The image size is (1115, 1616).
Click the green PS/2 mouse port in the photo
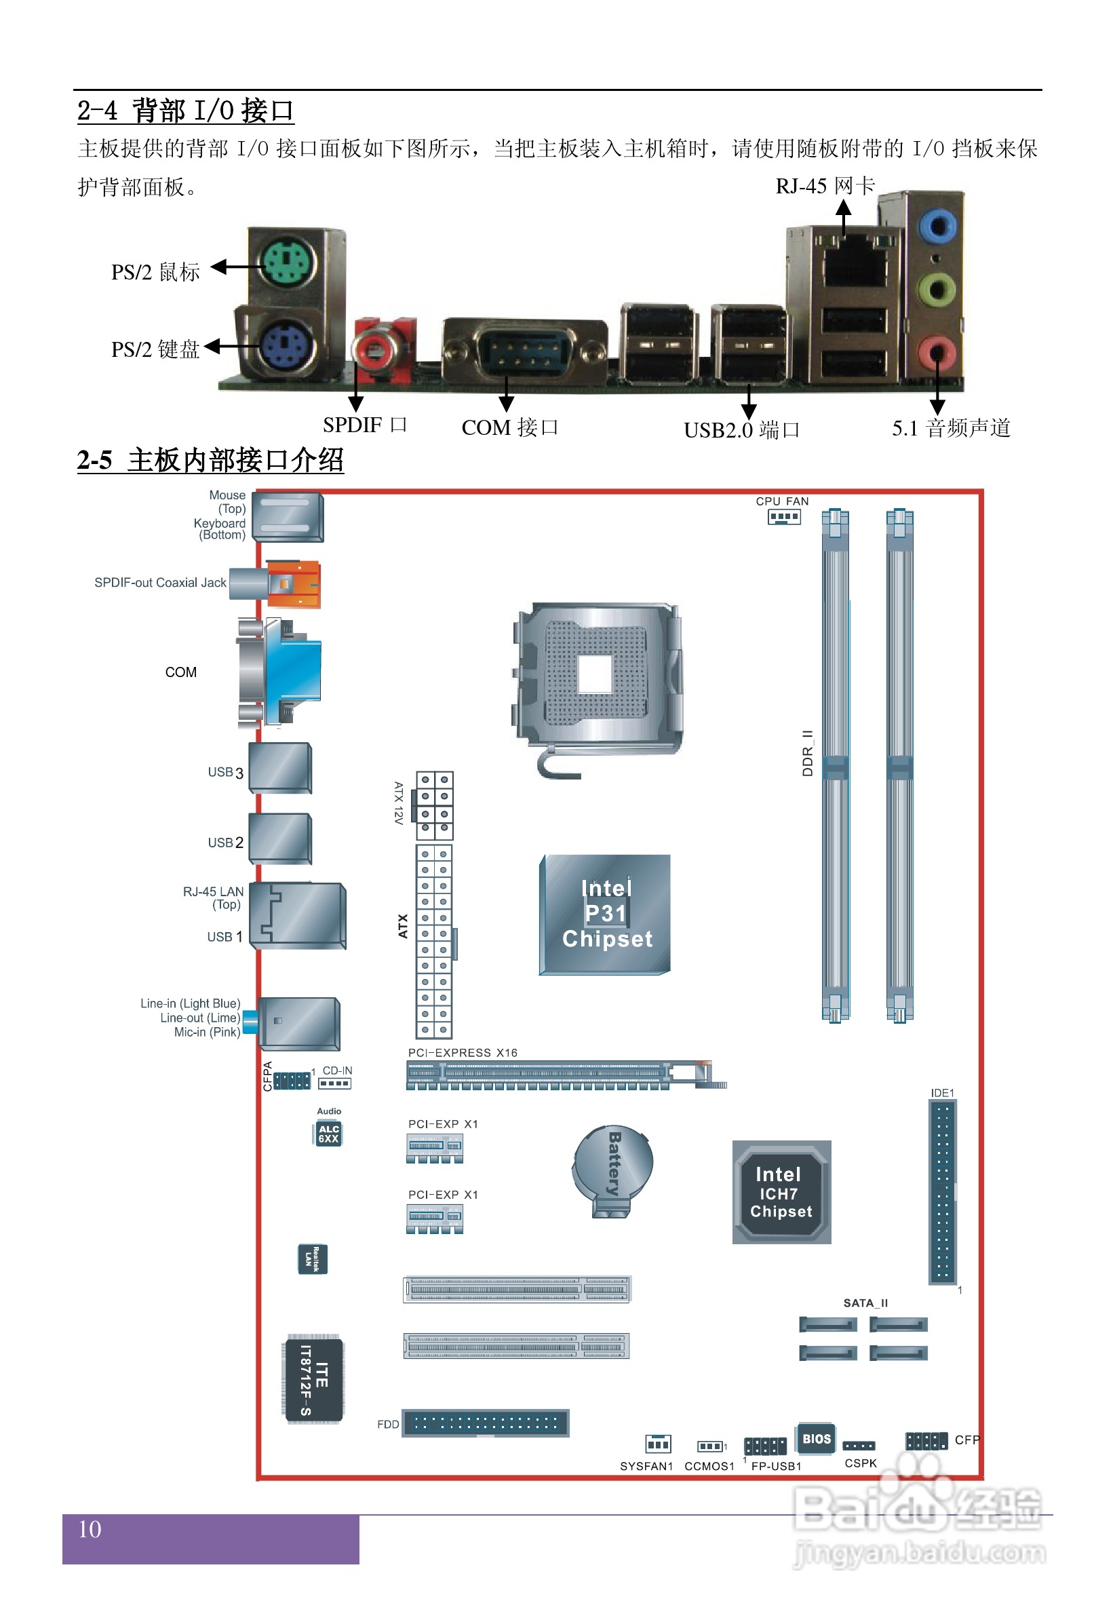pyautogui.click(x=286, y=263)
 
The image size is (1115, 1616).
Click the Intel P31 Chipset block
pyautogui.click(x=606, y=914)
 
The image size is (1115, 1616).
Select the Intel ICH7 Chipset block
pyautogui.click(x=781, y=1192)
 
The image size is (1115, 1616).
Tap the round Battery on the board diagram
pyautogui.click(x=612, y=1169)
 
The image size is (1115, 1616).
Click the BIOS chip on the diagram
pyautogui.click(x=815, y=1438)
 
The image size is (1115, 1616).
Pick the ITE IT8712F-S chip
pyautogui.click(x=314, y=1381)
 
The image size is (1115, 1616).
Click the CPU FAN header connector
pyautogui.click(x=783, y=517)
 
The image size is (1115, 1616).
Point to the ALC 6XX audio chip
pyautogui.click(x=328, y=1133)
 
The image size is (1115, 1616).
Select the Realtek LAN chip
pyautogui.click(x=312, y=1259)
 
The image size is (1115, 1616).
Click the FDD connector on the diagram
pyautogui.click(x=486, y=1423)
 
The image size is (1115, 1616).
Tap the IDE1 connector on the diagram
pyautogui.click(x=942, y=1192)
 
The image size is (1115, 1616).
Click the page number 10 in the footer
pyautogui.click(x=90, y=1528)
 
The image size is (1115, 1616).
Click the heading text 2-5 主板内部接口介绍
pyautogui.click(x=210, y=461)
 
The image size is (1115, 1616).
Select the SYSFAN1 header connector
pyautogui.click(x=657, y=1444)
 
